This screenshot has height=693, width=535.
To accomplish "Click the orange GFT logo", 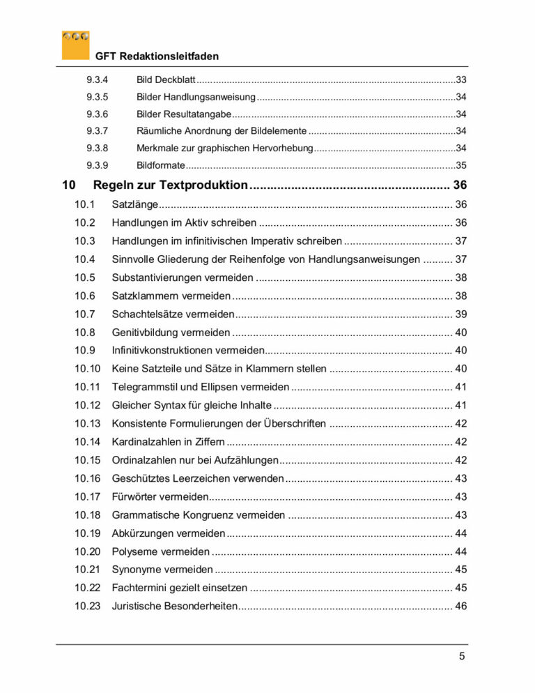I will coord(75,44).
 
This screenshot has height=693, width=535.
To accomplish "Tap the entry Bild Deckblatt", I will coord(166,80).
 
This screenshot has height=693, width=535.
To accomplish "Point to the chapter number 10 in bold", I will coord(68,185).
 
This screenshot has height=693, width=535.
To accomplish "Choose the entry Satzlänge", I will coord(135,204).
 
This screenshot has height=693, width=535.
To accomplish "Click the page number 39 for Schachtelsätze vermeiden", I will coord(460,314).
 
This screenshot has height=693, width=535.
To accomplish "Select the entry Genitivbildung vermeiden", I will coord(171,333).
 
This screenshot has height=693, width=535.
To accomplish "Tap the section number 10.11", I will coord(88,387).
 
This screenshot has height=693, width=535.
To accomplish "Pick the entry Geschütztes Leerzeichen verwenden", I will coord(198,478).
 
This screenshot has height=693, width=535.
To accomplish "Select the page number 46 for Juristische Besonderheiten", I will coord(460,607).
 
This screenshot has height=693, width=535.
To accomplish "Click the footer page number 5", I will coord(461,657).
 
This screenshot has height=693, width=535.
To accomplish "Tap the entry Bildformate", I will coord(160,165).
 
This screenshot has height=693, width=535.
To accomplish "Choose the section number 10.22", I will coord(88,588).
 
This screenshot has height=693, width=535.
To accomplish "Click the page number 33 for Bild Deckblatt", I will coord(460,80).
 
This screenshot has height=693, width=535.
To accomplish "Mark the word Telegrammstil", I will coord(146,387).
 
